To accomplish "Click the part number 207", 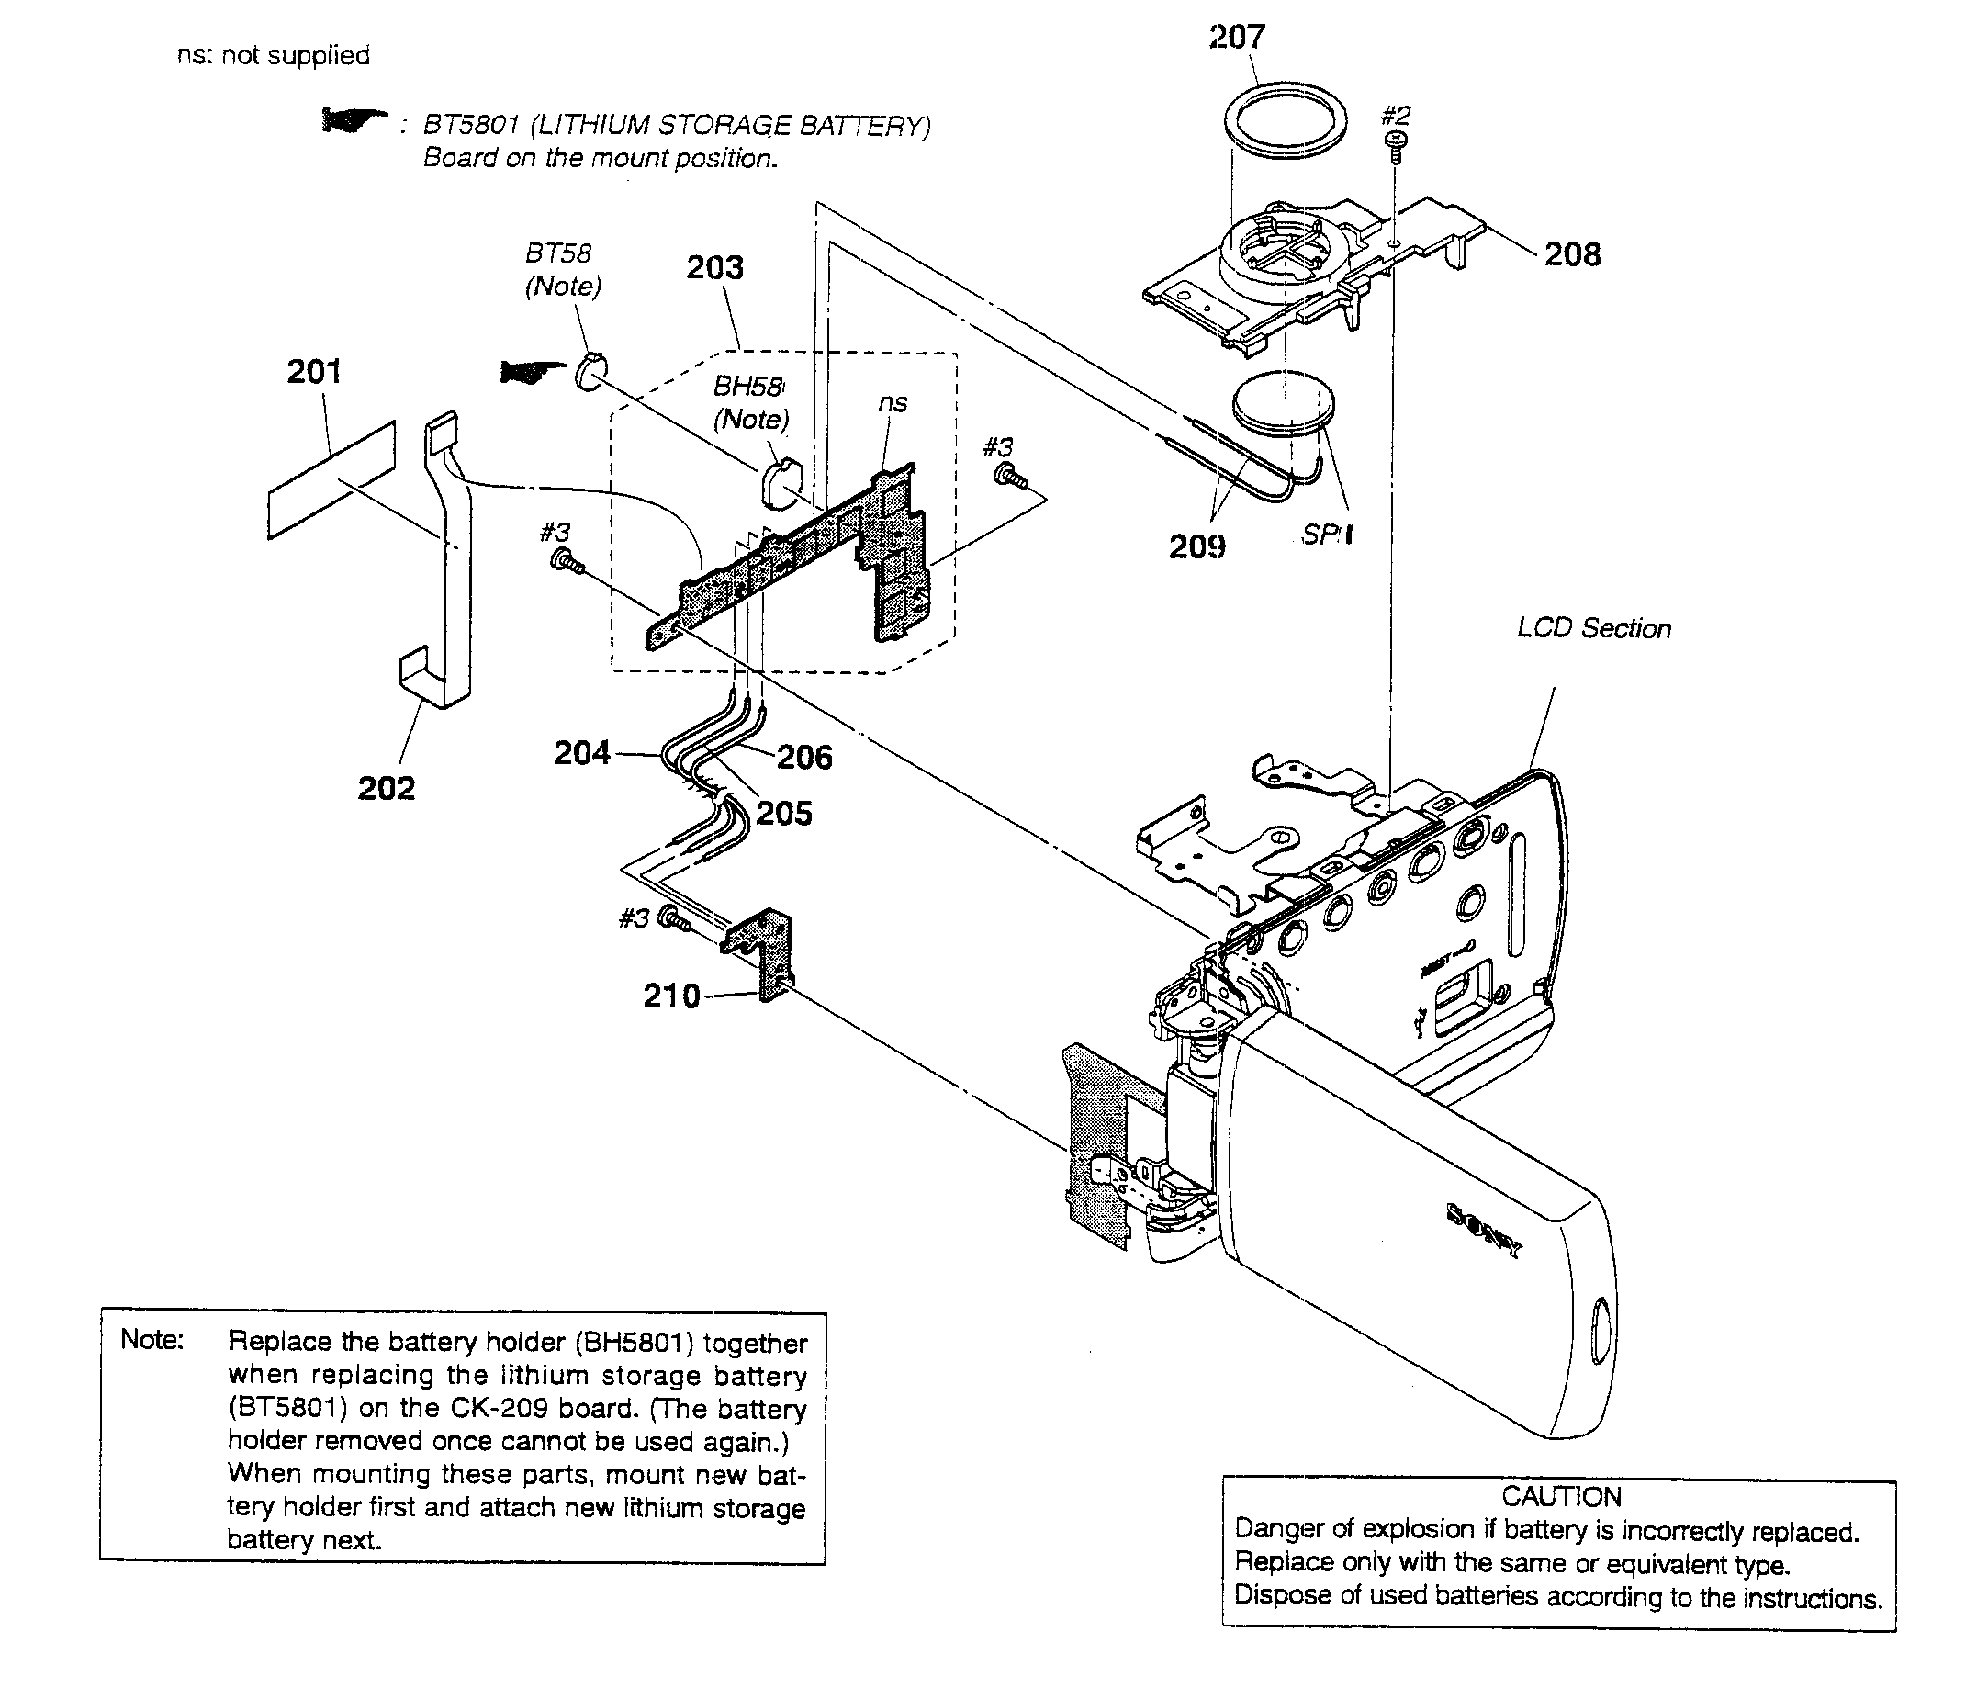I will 1236,39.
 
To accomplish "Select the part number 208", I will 1572,254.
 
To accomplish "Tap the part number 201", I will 314,371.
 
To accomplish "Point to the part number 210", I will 671,996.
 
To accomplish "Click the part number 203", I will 714,268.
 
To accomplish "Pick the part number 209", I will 1196,546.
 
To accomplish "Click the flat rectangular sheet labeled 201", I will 331,480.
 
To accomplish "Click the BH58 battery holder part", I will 781,482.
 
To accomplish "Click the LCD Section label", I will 1594,629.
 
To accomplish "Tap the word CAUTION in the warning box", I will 1560,1497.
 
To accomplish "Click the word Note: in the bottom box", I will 152,1340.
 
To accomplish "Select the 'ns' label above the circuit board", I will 892,404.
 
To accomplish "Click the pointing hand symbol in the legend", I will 353,120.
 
